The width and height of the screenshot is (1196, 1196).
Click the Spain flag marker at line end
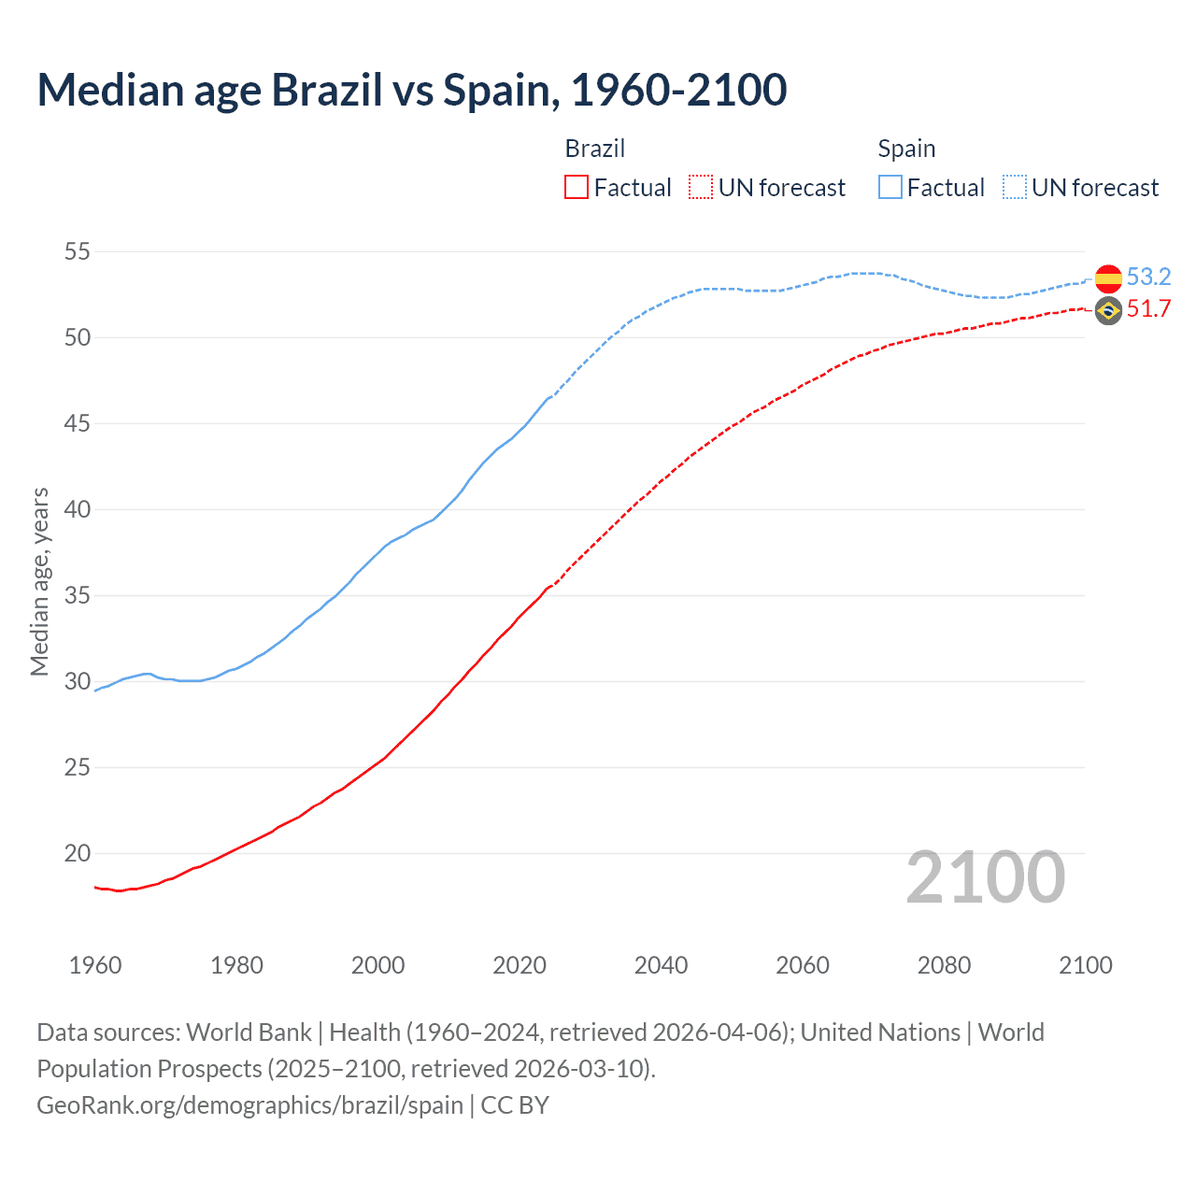(1108, 278)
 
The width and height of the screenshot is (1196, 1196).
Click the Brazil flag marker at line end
(1108, 311)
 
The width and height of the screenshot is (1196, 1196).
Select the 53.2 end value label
(1148, 278)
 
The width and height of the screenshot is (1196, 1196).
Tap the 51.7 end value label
(1148, 309)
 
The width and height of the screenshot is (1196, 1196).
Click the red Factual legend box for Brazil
(577, 188)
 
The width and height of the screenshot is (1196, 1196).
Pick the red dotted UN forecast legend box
(701, 188)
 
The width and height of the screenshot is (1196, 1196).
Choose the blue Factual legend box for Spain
(890, 188)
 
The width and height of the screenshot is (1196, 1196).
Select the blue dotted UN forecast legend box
(1015, 188)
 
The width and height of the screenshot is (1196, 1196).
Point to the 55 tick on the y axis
(78, 251)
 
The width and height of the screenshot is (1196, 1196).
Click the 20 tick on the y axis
(78, 853)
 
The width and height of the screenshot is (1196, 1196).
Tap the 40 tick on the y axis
(78, 509)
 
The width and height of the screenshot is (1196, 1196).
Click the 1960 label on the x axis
(95, 965)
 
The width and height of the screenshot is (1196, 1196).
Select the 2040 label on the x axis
(661, 965)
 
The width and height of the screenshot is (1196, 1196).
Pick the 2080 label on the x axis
(944, 965)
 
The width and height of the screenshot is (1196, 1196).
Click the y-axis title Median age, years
(39, 581)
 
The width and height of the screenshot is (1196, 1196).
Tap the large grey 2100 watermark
(985, 877)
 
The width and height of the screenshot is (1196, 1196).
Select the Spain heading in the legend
(906, 149)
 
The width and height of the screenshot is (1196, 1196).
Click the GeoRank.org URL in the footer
(249, 1105)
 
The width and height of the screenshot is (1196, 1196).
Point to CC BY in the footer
(515, 1105)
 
